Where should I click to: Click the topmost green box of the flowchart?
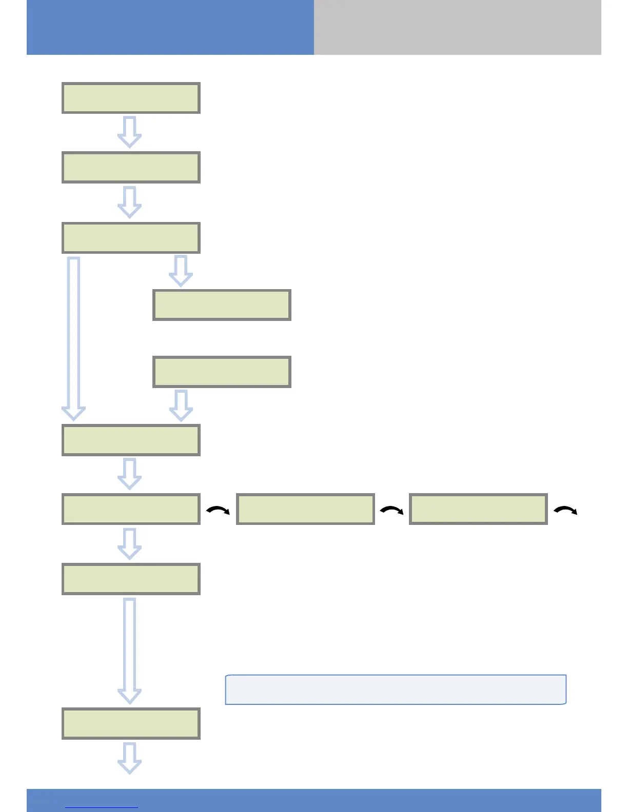pos(131,98)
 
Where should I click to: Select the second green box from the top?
pos(131,167)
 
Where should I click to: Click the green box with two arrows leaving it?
pos(131,238)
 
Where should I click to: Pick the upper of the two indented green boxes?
pos(222,305)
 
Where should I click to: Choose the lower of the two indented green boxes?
pos(222,372)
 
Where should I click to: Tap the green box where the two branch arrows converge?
pos(131,440)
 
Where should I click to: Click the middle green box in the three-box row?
pos(305,509)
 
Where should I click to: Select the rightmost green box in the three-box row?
pos(478,509)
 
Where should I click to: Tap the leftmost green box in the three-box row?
pos(131,509)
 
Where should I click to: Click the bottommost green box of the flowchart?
pos(131,723)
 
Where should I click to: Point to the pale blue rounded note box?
pos(396,689)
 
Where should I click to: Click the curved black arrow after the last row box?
pos(565,510)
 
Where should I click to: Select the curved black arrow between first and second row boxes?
pos(218,510)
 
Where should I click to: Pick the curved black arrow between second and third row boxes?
pos(391,510)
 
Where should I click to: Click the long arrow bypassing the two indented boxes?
pos(73,338)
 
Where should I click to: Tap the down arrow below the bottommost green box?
pos(129,758)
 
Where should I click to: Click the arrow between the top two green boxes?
pos(129,132)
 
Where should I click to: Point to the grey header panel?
pos(457,27)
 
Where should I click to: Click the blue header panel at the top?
pos(170,27)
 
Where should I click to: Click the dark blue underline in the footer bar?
pos(102,807)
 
